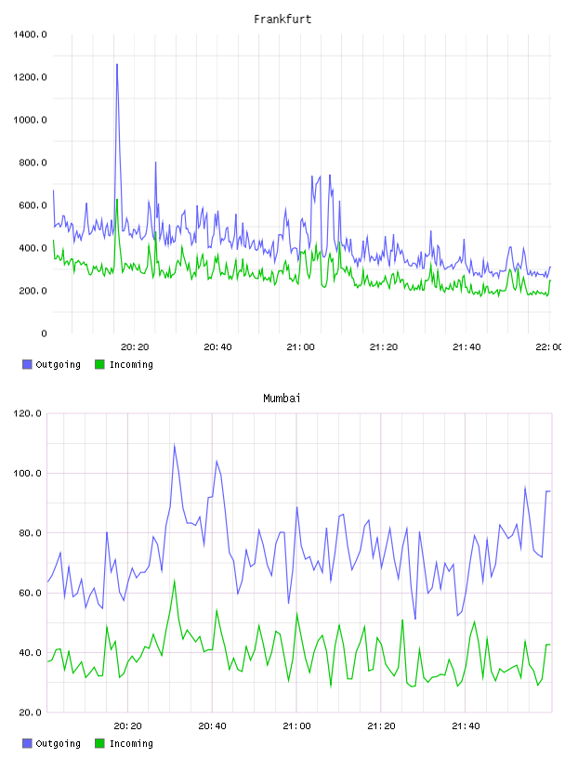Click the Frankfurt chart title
click(x=282, y=20)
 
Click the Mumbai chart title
click(x=282, y=399)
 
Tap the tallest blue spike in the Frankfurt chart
click(x=116, y=64)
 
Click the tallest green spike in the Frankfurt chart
click(x=116, y=199)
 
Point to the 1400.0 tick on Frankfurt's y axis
click(x=30, y=34)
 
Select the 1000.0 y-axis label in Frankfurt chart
click(x=30, y=120)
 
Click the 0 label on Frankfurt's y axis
click(x=44, y=333)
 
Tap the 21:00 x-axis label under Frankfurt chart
click(x=300, y=347)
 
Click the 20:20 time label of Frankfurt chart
click(x=135, y=347)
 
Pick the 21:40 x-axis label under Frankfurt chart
click(x=466, y=347)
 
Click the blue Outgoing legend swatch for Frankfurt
click(x=27, y=364)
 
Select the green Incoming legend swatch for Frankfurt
click(x=99, y=364)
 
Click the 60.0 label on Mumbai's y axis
click(x=30, y=594)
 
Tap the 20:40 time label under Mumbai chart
click(x=213, y=726)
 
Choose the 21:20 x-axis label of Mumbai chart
click(x=381, y=726)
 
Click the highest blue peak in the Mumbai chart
click(x=174, y=445)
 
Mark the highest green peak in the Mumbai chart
click(x=175, y=581)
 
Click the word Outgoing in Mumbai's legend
click(x=58, y=743)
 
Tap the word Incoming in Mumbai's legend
click(x=131, y=743)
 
